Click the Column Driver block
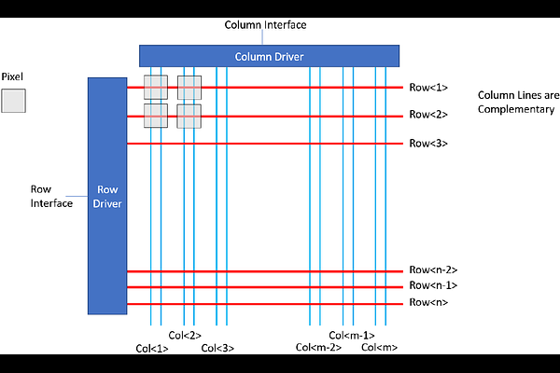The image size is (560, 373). click(269, 56)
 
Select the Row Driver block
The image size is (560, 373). click(106, 196)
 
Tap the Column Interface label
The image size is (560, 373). click(266, 24)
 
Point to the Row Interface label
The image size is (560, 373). click(51, 196)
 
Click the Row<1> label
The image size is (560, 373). click(428, 88)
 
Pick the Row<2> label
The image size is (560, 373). click(428, 115)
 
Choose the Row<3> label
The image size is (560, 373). click(428, 144)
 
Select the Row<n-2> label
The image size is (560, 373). click(433, 270)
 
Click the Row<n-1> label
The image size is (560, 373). click(433, 286)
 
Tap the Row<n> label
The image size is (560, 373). click(428, 302)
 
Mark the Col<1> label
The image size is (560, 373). click(151, 349)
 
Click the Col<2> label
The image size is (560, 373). click(185, 336)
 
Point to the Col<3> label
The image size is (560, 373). click(217, 349)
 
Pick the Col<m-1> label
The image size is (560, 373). click(352, 336)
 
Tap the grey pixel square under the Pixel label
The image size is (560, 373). click(13, 101)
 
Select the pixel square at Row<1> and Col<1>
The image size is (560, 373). click(155, 88)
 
